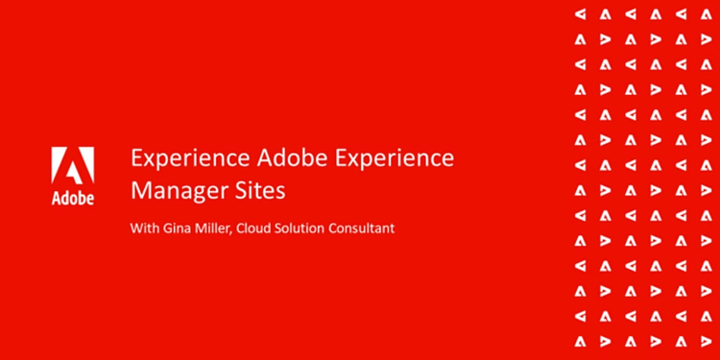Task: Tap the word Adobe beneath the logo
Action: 72,199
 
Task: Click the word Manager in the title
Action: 175,190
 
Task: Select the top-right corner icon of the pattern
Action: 706,14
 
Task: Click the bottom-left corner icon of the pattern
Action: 580,340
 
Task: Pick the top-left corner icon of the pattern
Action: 580,14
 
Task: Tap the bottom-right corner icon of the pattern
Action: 706,340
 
